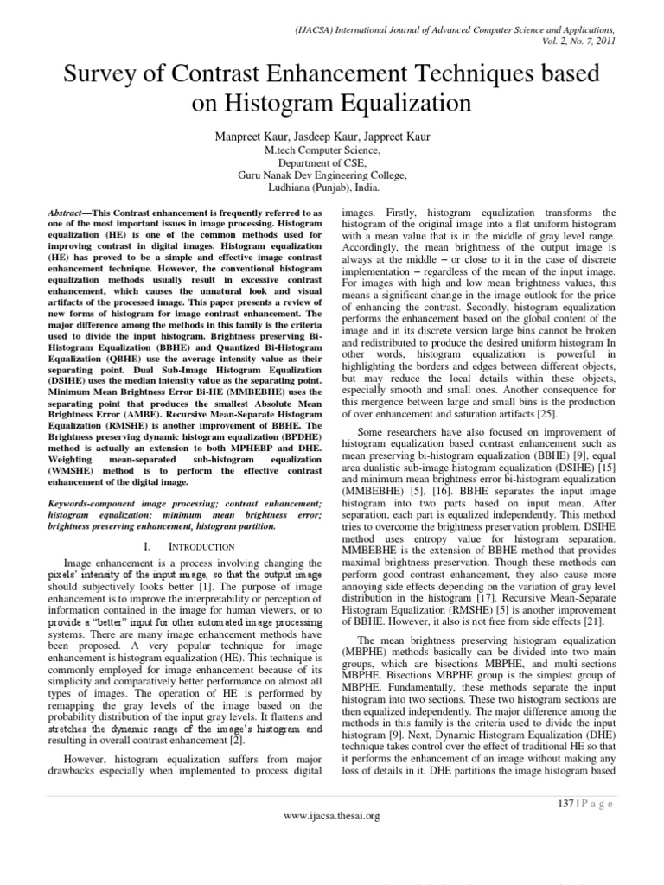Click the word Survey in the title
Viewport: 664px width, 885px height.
[102, 75]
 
